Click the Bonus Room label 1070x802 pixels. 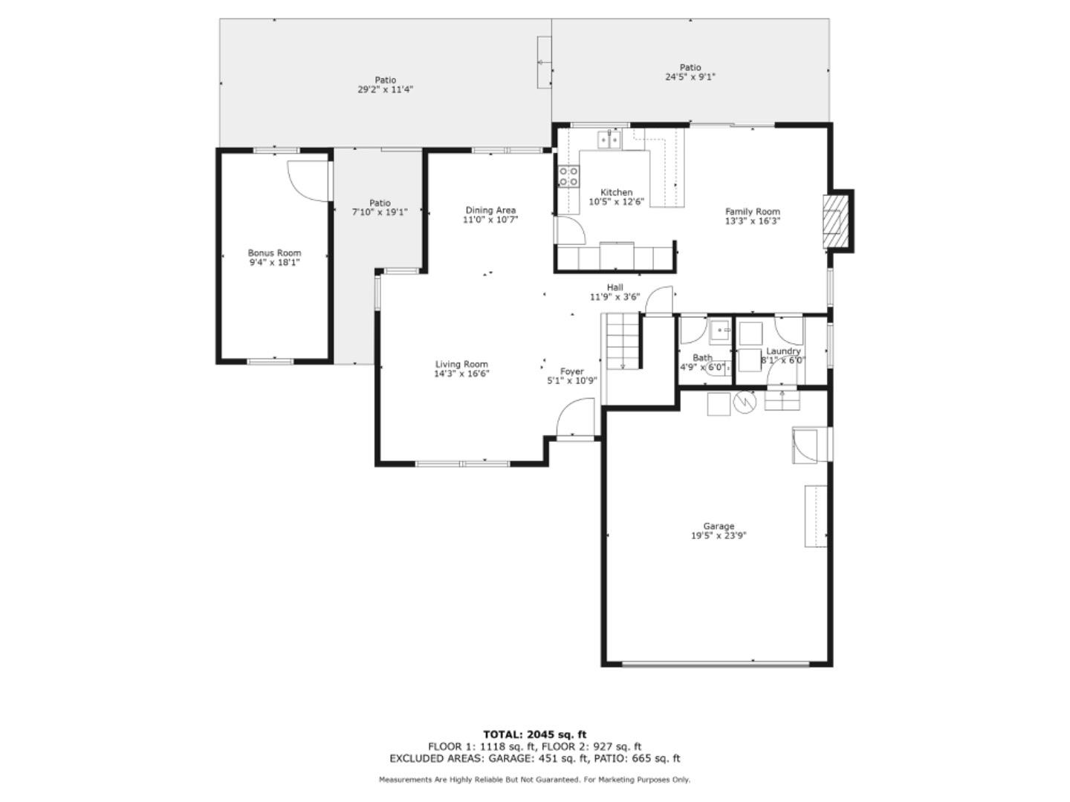[274, 253]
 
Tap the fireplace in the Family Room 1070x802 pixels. [834, 221]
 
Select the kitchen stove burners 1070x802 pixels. [569, 176]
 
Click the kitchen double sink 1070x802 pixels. [609, 140]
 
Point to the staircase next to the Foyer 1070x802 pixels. [622, 341]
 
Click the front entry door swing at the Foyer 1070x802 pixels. [577, 417]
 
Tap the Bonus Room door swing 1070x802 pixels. [307, 180]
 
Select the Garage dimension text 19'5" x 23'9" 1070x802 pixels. [719, 535]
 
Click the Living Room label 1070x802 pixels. [461, 364]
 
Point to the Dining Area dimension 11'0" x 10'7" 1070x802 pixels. [490, 220]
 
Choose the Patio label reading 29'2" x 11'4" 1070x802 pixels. [385, 89]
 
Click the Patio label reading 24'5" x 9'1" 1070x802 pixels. [690, 76]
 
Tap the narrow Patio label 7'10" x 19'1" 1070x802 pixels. [380, 212]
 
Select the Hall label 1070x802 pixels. [615, 287]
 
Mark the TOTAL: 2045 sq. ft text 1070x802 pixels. [534, 734]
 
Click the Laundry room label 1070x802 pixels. [783, 351]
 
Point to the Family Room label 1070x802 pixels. [753, 212]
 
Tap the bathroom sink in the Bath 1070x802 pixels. [720, 329]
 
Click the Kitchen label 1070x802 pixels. [616, 192]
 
